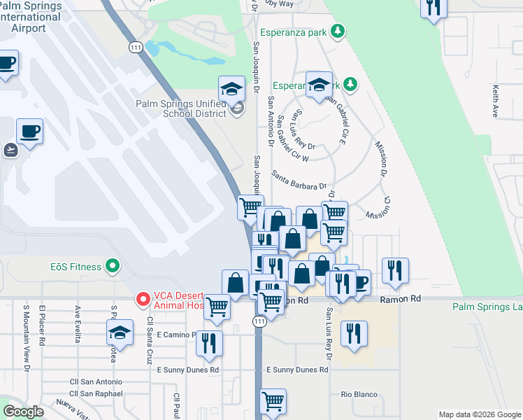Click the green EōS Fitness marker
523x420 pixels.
[x=112, y=266]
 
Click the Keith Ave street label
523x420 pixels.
[x=495, y=101]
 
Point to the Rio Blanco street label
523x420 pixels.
[x=354, y=394]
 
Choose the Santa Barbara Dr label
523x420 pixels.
[x=299, y=181]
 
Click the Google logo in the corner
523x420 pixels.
[x=23, y=412]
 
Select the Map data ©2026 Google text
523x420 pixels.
[x=479, y=414]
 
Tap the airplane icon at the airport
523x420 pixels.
[x=10, y=149]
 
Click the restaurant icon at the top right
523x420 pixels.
[x=434, y=8]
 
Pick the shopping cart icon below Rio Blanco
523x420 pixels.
[x=273, y=401]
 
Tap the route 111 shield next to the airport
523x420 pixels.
[x=136, y=46]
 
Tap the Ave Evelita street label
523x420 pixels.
[x=77, y=323]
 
